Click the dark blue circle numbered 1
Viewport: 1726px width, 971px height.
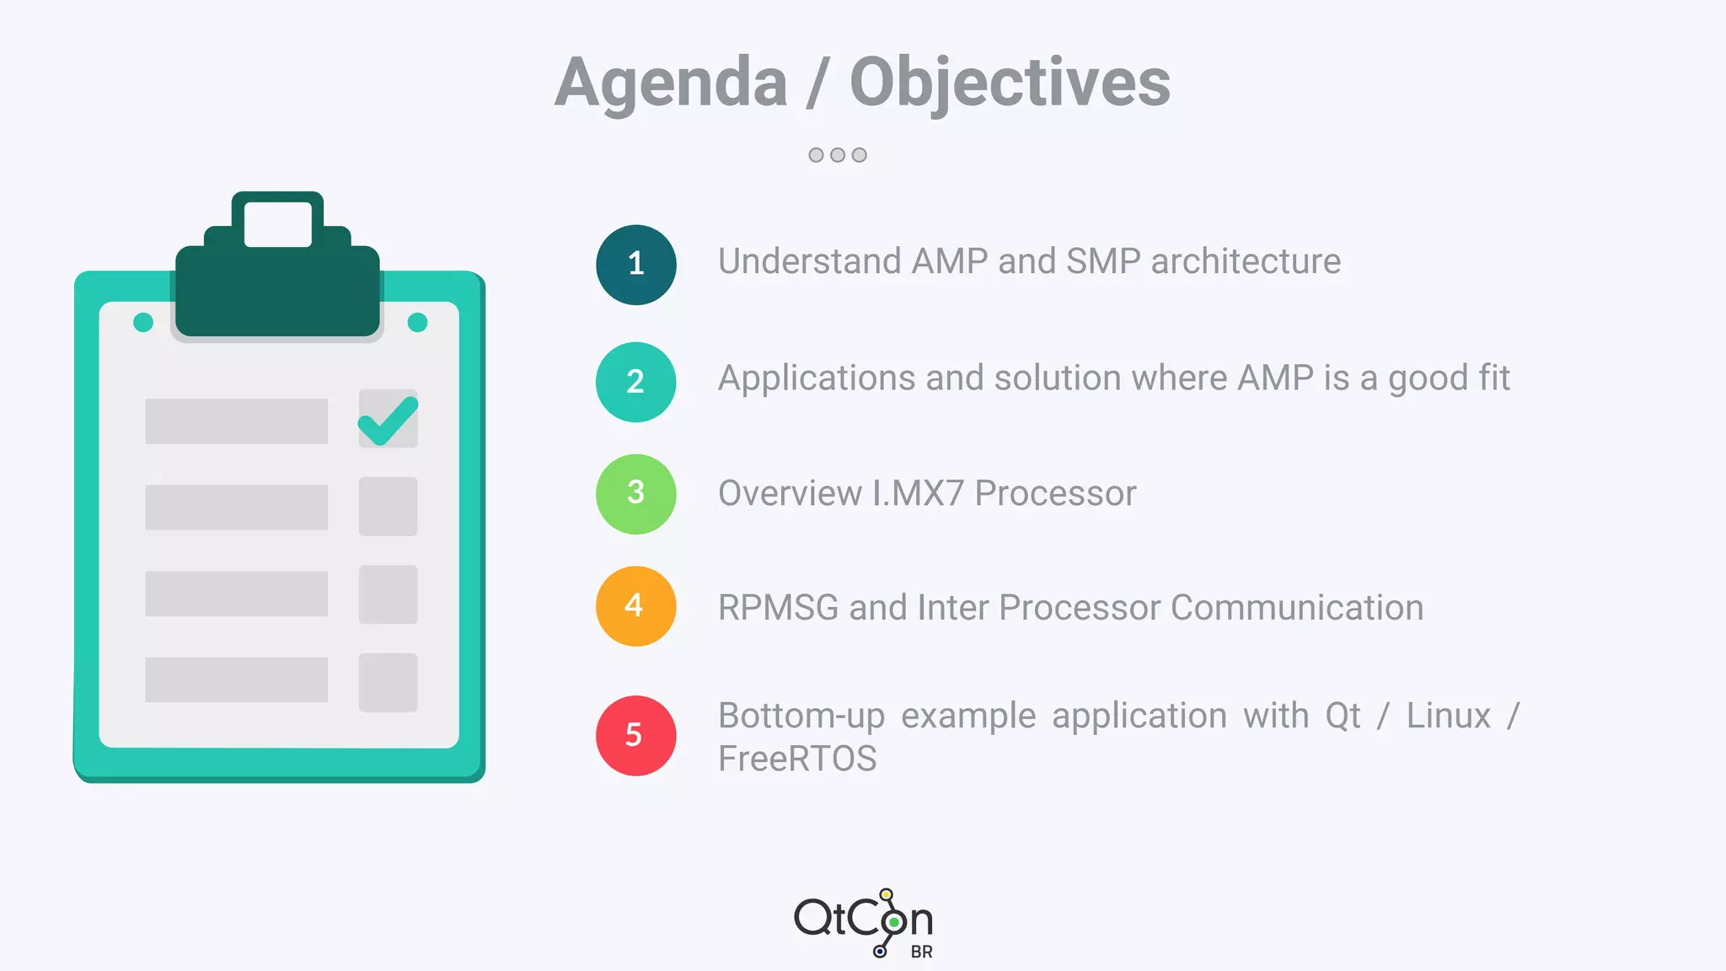(x=635, y=265)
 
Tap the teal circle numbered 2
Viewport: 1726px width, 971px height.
(x=635, y=382)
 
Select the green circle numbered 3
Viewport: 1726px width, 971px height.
(x=635, y=494)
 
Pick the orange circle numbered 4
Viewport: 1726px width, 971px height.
(x=635, y=606)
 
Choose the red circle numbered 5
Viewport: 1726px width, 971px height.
(x=635, y=735)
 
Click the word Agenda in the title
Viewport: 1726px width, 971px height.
(x=671, y=83)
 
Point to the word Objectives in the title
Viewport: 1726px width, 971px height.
(x=1010, y=83)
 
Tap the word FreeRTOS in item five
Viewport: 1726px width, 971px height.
(x=797, y=759)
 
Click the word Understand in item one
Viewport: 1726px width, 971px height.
(x=809, y=261)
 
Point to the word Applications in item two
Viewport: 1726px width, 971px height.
(x=816, y=378)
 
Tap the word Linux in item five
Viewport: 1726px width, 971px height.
(x=1448, y=716)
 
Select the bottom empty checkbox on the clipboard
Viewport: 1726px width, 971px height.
(x=388, y=682)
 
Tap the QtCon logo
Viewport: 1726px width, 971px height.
(x=863, y=920)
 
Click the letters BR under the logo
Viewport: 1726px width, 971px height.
(x=921, y=952)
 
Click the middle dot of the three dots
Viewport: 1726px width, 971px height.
(x=837, y=155)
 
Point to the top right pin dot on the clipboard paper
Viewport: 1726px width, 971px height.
(x=417, y=322)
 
